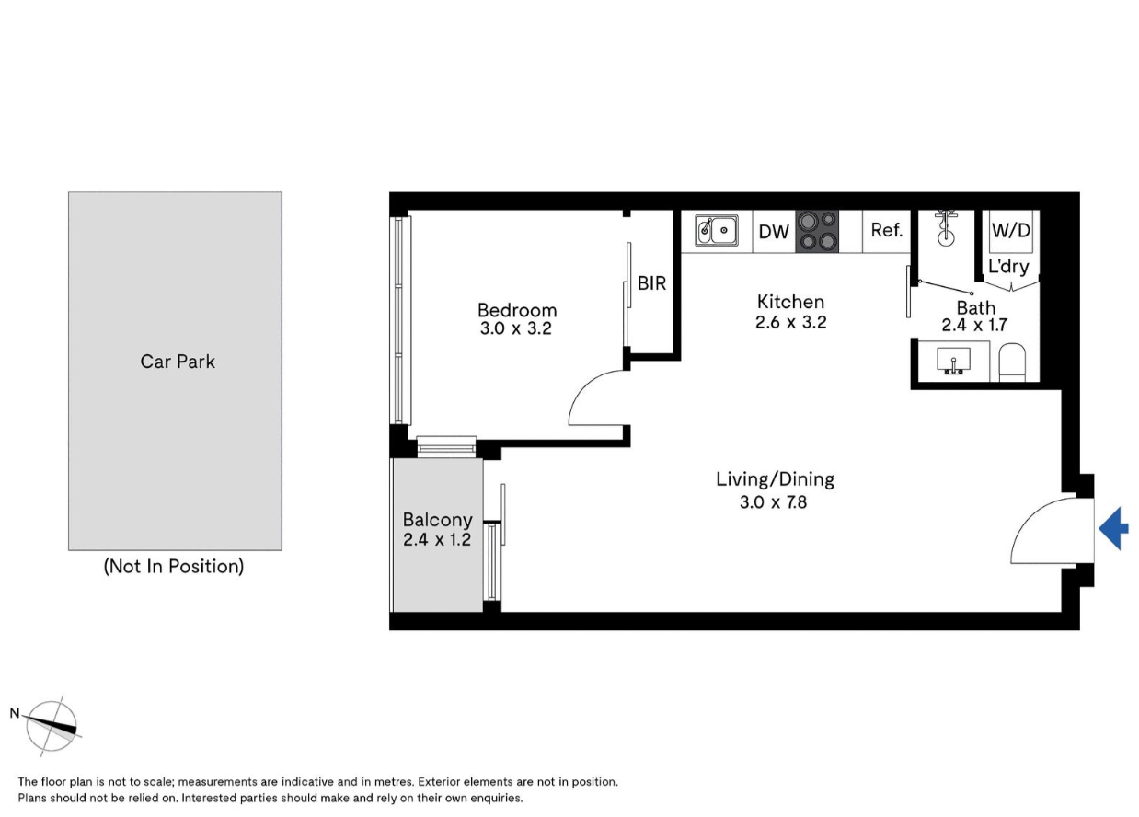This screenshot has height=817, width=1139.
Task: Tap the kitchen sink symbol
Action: click(717, 231)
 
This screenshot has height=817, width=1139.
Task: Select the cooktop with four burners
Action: click(817, 231)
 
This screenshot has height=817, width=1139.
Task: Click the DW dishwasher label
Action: click(774, 232)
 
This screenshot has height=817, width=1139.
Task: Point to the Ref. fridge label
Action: click(886, 230)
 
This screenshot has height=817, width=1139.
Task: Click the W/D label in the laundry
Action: click(1011, 230)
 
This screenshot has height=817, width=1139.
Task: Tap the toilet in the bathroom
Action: click(1012, 362)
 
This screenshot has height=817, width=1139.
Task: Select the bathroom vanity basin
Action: click(953, 361)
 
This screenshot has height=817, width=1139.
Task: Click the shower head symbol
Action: click(946, 229)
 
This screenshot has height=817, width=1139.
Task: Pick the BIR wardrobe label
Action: click(651, 283)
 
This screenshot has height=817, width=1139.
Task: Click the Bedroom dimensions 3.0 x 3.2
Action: click(515, 328)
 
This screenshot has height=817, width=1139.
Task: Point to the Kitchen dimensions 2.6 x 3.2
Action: click(790, 322)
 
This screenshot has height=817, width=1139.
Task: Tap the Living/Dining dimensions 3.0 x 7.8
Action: click(773, 502)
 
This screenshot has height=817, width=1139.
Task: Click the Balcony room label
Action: click(437, 520)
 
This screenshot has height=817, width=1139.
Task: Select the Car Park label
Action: click(178, 362)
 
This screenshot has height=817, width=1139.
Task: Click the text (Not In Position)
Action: click(174, 567)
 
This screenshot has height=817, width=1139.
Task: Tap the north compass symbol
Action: click(52, 725)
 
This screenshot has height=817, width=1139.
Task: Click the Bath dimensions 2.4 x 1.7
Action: click(974, 325)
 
